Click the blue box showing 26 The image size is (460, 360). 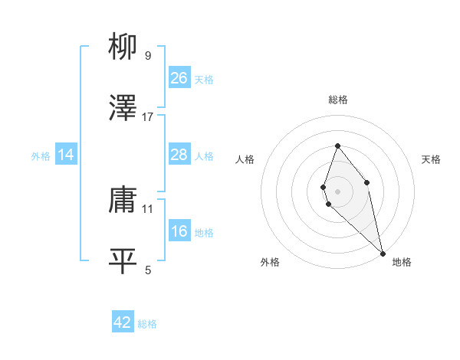click(x=179, y=78)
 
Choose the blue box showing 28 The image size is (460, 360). click(x=179, y=155)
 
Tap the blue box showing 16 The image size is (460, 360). click(x=179, y=231)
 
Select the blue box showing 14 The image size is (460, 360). click(x=66, y=155)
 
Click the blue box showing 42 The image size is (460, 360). click(x=123, y=322)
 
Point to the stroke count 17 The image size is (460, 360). click(x=148, y=117)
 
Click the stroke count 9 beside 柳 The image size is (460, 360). click(x=148, y=55)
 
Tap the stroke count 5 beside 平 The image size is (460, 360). click(x=148, y=270)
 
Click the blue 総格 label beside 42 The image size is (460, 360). click(x=147, y=324)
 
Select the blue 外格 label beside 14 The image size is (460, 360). click(x=41, y=156)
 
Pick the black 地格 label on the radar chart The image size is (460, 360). click(x=402, y=262)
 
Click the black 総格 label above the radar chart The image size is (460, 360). click(x=337, y=100)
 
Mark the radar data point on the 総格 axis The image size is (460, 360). click(x=337, y=146)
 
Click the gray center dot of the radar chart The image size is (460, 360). click(x=337, y=191)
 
